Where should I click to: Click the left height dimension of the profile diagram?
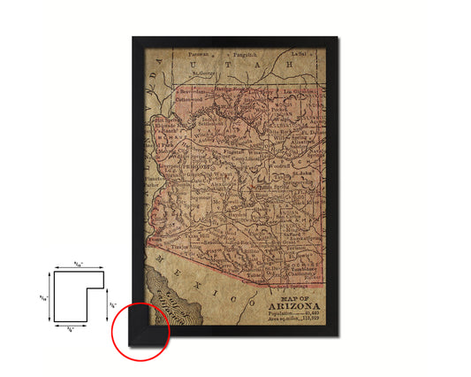[45, 296]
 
